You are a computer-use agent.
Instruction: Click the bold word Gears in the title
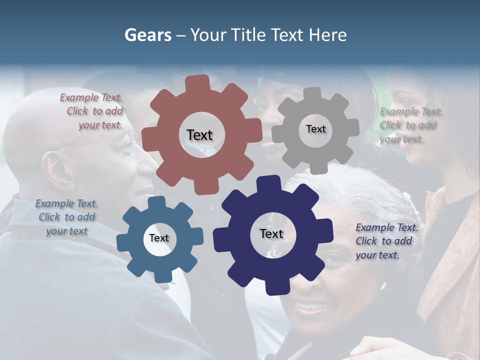tap(147, 35)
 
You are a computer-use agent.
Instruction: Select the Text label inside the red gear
tap(199, 135)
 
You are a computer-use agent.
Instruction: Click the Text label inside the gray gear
tap(315, 129)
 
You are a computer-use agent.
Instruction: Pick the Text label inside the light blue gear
tap(159, 238)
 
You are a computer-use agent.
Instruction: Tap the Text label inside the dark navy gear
tap(271, 234)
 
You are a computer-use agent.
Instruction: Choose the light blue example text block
tap(66, 217)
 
